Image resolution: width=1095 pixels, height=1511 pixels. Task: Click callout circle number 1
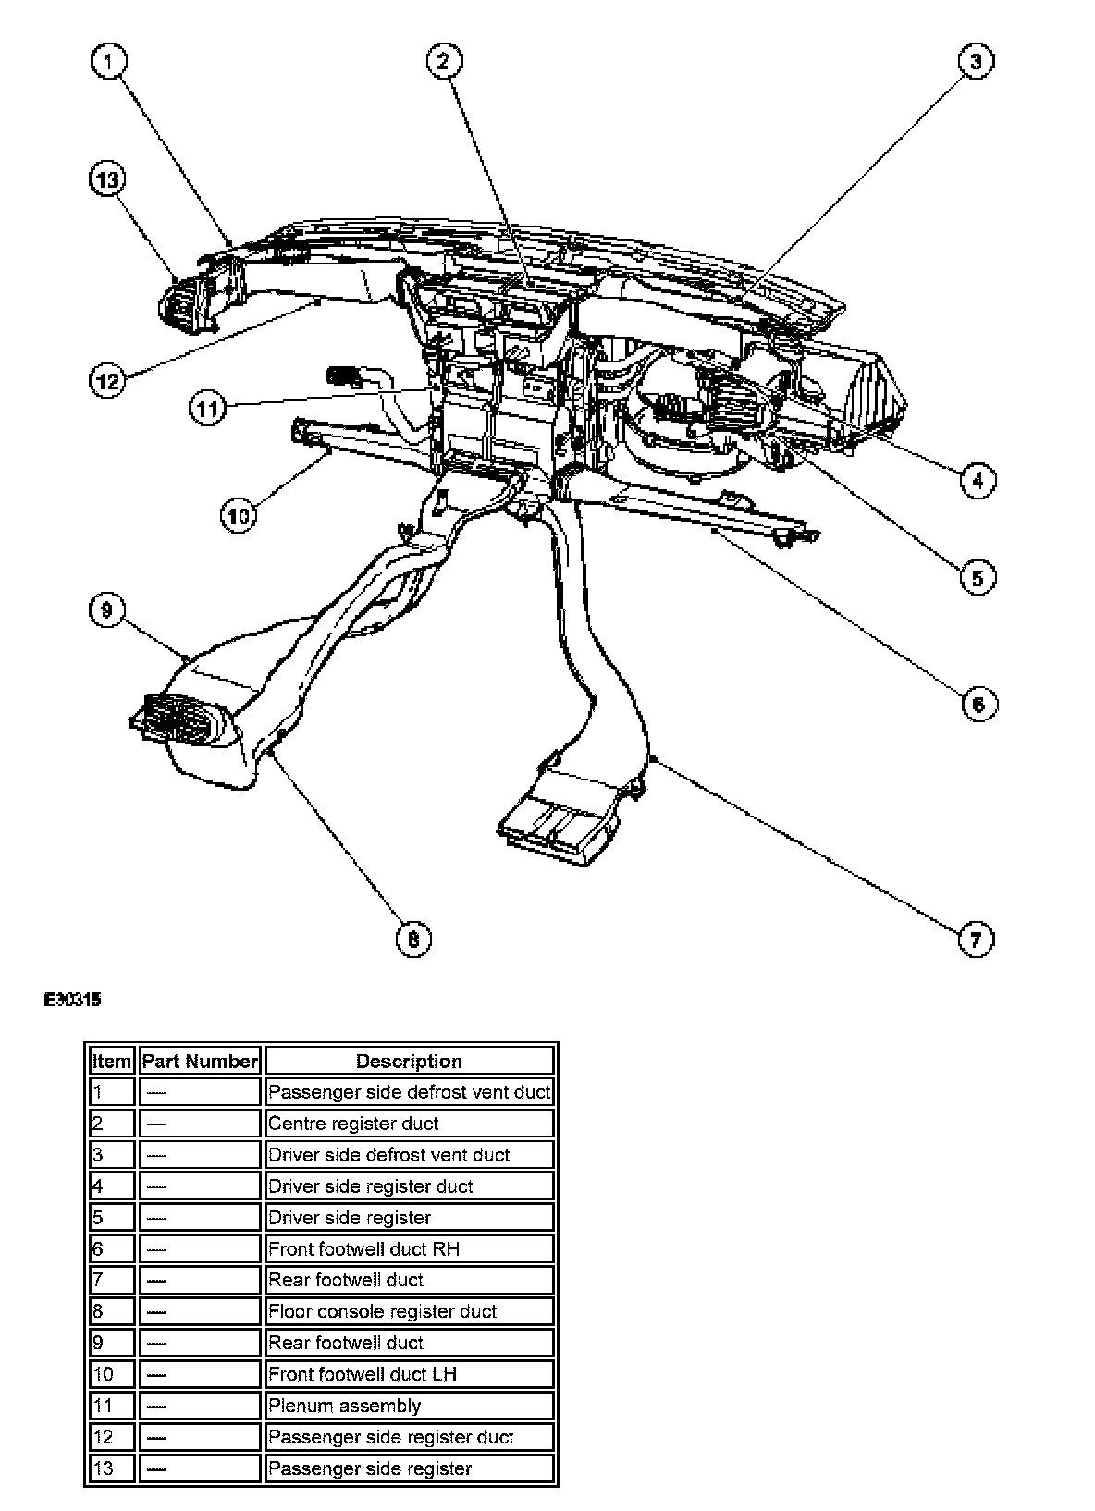pyautogui.click(x=109, y=63)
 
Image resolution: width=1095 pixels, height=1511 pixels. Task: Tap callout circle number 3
pyautogui.click(x=975, y=63)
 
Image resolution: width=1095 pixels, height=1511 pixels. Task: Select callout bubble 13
pyautogui.click(x=107, y=179)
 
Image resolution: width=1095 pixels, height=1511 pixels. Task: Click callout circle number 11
pyautogui.click(x=209, y=407)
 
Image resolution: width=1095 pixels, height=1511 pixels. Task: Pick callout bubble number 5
pyautogui.click(x=977, y=578)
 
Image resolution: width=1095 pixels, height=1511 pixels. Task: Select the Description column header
pyautogui.click(x=409, y=1061)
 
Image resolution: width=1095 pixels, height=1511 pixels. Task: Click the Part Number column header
pyautogui.click(x=200, y=1061)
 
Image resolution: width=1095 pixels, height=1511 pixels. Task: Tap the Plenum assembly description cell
pyautogui.click(x=409, y=1406)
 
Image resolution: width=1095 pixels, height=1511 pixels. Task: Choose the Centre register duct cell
pyautogui.click(x=409, y=1124)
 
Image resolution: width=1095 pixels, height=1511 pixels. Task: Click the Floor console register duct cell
pyautogui.click(x=409, y=1311)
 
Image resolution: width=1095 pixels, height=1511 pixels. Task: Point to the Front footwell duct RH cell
pyautogui.click(x=409, y=1249)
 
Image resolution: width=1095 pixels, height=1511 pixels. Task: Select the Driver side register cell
pyautogui.click(x=409, y=1218)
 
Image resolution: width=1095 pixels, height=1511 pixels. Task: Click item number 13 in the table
pyautogui.click(x=111, y=1468)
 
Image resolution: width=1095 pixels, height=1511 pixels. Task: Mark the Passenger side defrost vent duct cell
pyautogui.click(x=409, y=1092)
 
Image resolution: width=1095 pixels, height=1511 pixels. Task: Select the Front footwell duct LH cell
pyautogui.click(x=409, y=1374)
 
